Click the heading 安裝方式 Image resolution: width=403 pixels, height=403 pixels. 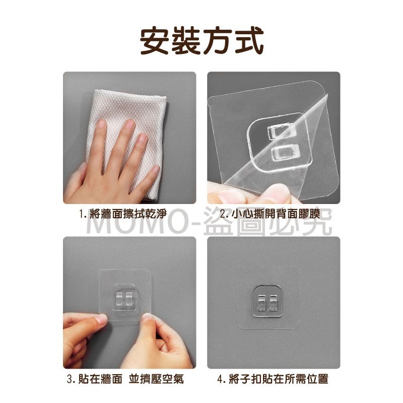(201, 41)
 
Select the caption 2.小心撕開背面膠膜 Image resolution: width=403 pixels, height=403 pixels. (274, 214)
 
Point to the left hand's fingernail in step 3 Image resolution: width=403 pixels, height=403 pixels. (100, 318)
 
